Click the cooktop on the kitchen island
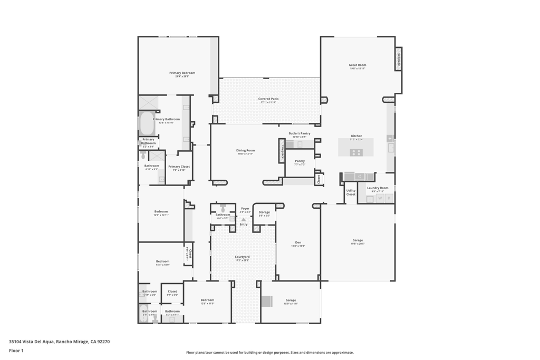click(x=356, y=152)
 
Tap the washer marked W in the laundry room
click(x=380, y=198)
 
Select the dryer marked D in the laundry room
click(x=389, y=198)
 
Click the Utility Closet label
click(x=351, y=192)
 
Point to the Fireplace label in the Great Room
click(x=399, y=59)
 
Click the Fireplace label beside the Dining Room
click(x=282, y=151)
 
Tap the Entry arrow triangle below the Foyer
click(x=243, y=219)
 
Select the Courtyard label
click(x=242, y=257)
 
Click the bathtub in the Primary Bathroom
click(x=147, y=124)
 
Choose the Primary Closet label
click(x=179, y=167)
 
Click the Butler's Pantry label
click(x=299, y=133)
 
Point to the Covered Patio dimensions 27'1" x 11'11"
click(x=268, y=102)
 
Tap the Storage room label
click(x=264, y=212)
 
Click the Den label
click(x=298, y=242)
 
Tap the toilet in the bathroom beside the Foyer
click(x=223, y=209)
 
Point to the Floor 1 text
click(x=16, y=351)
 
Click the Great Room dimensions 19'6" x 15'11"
click(x=357, y=69)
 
